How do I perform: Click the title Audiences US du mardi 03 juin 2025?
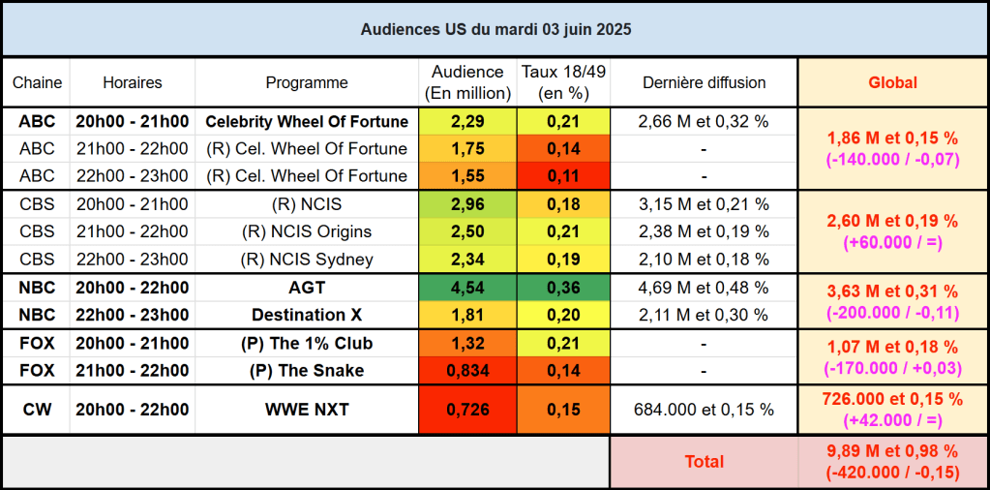[x=495, y=30]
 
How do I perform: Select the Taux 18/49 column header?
[x=563, y=82]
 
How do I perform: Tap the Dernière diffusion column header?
[x=704, y=82]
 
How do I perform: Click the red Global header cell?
[x=891, y=82]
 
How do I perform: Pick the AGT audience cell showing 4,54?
[x=467, y=288]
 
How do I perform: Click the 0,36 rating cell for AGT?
[x=563, y=288]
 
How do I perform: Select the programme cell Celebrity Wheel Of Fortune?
[x=307, y=122]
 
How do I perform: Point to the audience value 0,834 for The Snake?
[x=467, y=370]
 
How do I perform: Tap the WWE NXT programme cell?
[x=307, y=410]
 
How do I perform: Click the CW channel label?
[x=37, y=410]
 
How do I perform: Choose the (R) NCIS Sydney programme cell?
[x=307, y=259]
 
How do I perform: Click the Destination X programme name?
[x=307, y=315]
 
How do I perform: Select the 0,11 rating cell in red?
[x=563, y=176]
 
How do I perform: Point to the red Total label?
[x=704, y=462]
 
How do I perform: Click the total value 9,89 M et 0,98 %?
[x=891, y=451]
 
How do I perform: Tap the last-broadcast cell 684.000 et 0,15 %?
[x=704, y=410]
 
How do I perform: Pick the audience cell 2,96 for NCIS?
[x=467, y=204]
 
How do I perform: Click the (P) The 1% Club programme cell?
[x=307, y=343]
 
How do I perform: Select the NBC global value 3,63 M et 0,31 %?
[x=891, y=291]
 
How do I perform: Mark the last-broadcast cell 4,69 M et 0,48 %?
[x=704, y=288]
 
